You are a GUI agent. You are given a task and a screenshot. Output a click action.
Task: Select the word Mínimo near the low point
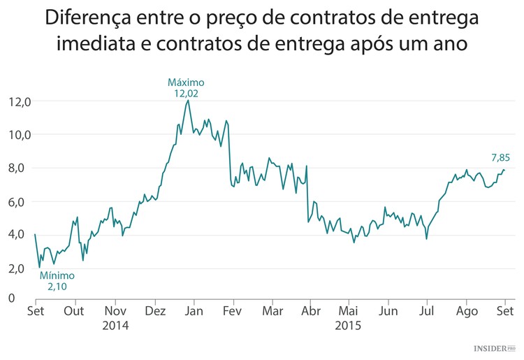[57, 275]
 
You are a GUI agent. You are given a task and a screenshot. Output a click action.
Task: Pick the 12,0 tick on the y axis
[20, 101]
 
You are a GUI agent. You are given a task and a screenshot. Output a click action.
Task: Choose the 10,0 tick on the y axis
[20, 134]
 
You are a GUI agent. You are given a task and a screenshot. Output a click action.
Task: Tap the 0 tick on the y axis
[12, 298]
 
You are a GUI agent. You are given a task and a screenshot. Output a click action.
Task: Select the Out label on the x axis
[75, 312]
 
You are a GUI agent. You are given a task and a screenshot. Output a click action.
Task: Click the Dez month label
[155, 312]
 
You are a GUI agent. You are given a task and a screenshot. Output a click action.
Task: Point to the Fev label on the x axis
[232, 312]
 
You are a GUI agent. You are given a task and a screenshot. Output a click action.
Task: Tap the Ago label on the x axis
[466, 312]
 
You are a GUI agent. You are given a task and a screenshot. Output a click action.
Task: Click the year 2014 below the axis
[115, 325]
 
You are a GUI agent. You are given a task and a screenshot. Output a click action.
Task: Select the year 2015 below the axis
[348, 325]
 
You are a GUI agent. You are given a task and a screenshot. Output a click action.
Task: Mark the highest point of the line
[188, 101]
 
